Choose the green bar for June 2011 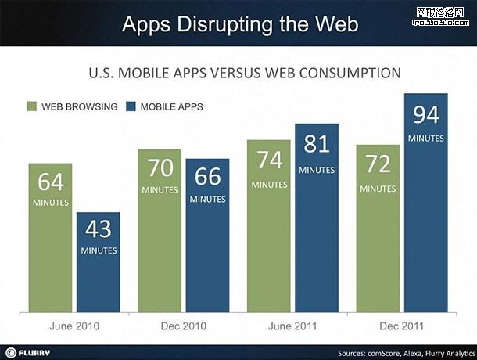point(268,243)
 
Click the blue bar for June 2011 point(317,235)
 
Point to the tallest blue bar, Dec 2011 point(426,219)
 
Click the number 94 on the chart point(426,116)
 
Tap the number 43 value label point(99,230)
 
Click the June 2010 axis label point(75,326)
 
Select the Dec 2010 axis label point(184,326)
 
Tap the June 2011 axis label point(292,326)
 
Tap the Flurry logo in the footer point(34,351)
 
